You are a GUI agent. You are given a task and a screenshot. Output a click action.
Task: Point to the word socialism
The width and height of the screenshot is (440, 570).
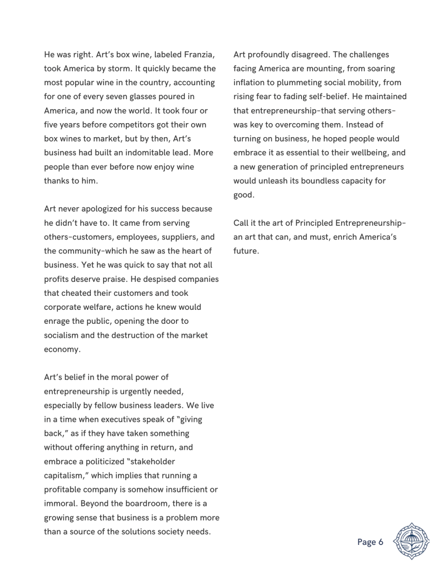65,335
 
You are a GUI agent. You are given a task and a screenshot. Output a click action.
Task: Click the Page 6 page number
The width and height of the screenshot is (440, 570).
370,542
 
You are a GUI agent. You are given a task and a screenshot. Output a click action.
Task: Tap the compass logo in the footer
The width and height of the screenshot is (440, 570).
411,541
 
